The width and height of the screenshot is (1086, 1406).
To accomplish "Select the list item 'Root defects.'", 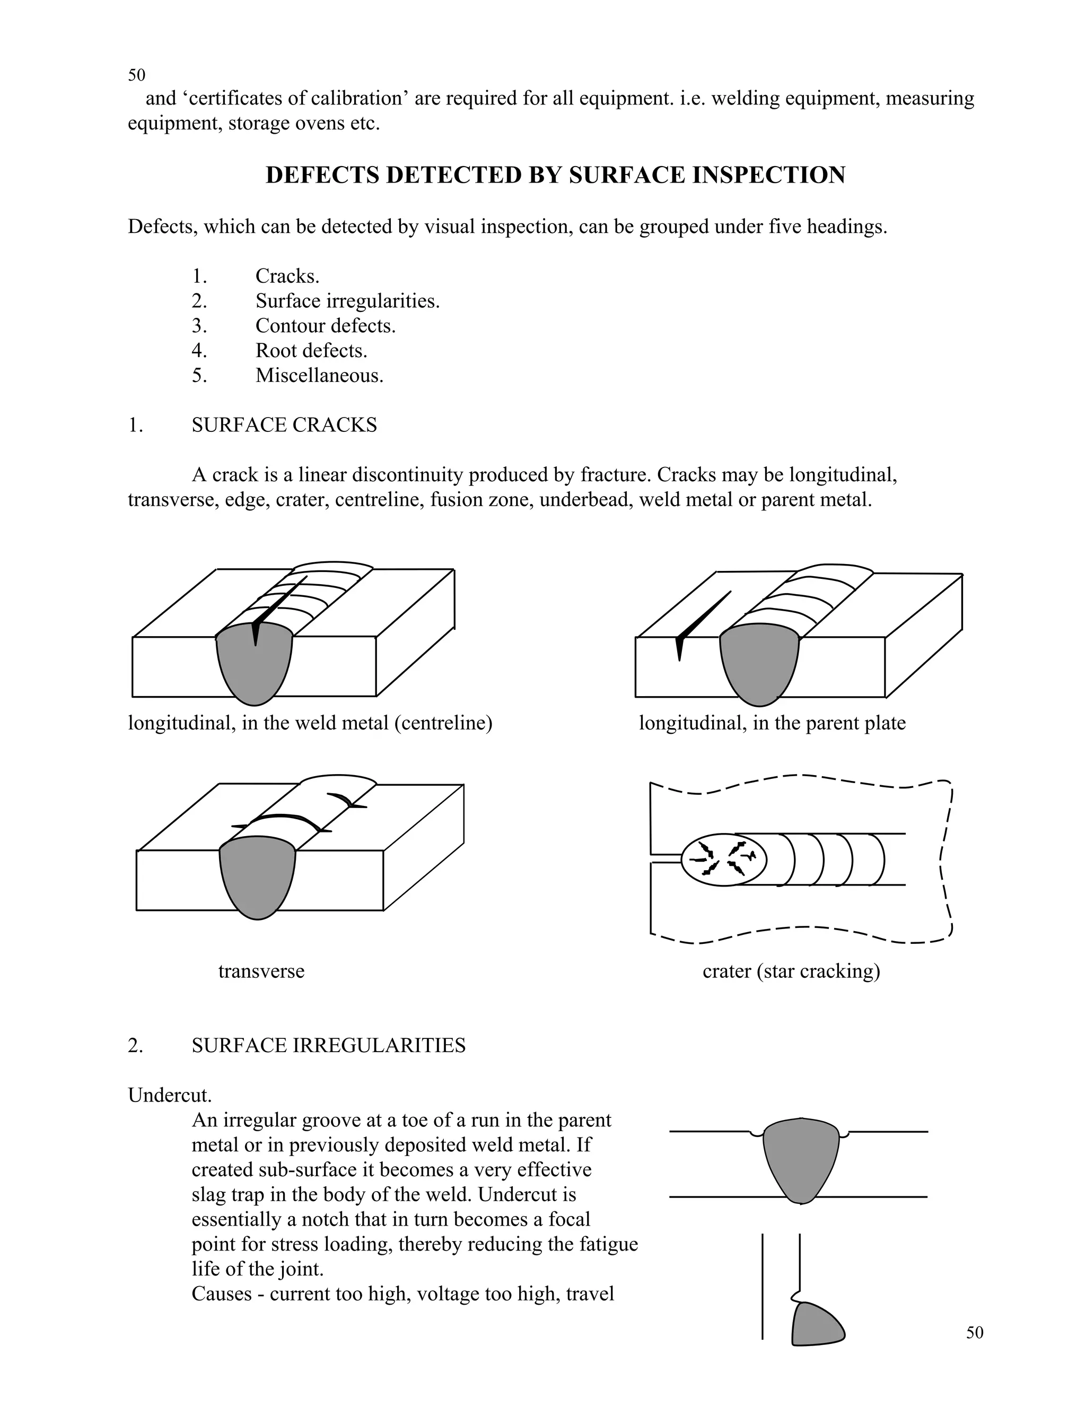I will (311, 351).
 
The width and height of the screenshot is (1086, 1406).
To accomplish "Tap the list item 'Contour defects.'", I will (325, 326).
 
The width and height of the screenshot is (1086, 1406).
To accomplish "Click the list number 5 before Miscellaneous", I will (199, 375).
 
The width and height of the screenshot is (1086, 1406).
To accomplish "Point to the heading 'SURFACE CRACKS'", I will (284, 426).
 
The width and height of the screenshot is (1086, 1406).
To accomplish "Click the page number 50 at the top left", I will (136, 75).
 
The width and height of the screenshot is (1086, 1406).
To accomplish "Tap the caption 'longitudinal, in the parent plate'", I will (772, 723).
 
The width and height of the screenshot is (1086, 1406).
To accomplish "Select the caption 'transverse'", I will (261, 971).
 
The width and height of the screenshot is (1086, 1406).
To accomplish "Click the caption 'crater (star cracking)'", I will (791, 971).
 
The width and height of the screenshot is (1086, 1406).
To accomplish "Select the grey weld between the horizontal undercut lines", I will (801, 1159).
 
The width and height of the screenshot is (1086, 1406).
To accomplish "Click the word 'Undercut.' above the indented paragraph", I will (170, 1095).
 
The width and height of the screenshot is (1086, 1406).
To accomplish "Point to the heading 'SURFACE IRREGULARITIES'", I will (328, 1046).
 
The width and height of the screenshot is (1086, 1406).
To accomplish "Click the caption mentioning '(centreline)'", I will (310, 723).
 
